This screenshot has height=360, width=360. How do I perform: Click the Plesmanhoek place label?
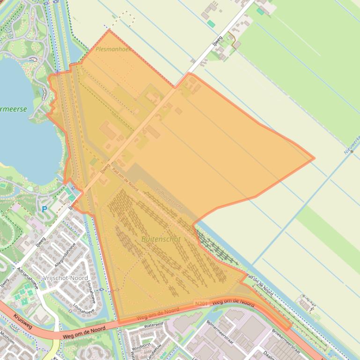[x=113, y=49]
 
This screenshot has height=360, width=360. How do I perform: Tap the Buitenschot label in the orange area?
[x=161, y=239]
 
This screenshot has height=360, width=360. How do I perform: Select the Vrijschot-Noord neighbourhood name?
[x=65, y=278]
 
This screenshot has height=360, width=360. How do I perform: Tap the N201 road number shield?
[x=201, y=304]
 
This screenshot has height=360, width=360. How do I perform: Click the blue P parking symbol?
[x=44, y=209]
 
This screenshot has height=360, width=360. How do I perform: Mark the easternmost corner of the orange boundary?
[x=314, y=158]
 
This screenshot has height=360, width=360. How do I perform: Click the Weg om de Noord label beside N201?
[x=233, y=303]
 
